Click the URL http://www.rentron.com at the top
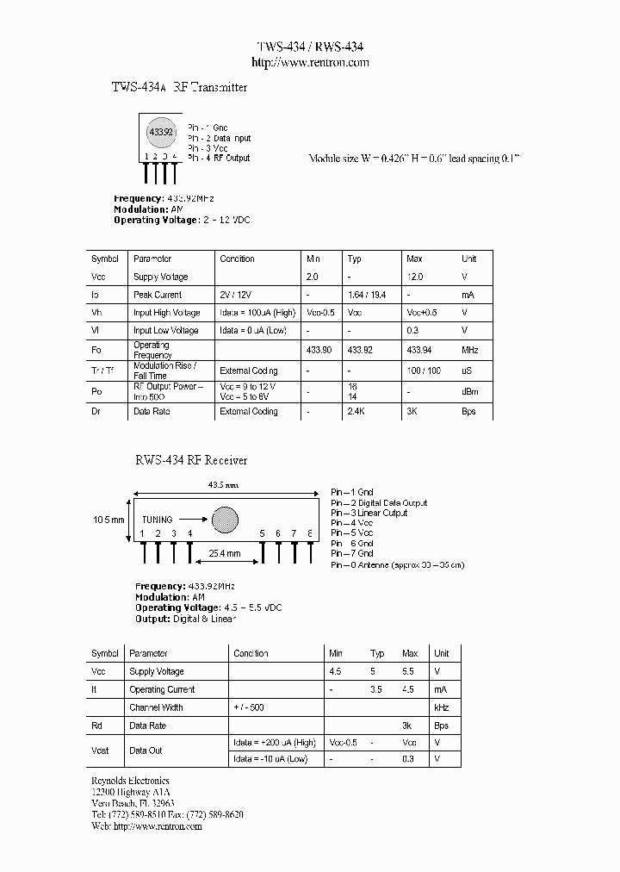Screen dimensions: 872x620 [x=310, y=62]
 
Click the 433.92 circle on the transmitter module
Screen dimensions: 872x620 [x=161, y=132]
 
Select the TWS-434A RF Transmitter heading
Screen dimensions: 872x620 [x=180, y=88]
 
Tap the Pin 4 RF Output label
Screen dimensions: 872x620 [x=219, y=159]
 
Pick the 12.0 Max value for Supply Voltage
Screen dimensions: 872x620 [x=414, y=277]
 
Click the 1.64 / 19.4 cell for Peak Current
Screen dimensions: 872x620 [x=365, y=295]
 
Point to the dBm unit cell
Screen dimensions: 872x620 [x=470, y=392]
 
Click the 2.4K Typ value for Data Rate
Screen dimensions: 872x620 [x=357, y=412]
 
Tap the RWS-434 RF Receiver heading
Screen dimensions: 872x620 [x=190, y=461]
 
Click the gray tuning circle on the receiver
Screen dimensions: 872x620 [x=226, y=519]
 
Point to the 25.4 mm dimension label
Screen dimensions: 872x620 [x=223, y=554]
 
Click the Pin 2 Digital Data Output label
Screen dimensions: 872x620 [x=379, y=503]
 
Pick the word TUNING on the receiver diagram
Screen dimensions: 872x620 [x=158, y=520]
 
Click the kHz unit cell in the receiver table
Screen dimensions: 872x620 [x=442, y=707]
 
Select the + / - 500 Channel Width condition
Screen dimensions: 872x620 [x=248, y=707]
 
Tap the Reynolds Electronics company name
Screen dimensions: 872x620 [x=130, y=782]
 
